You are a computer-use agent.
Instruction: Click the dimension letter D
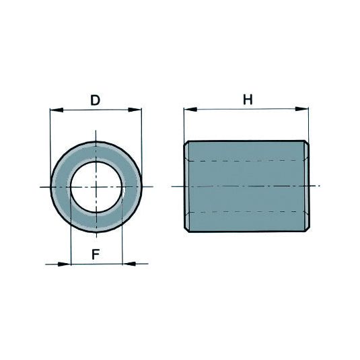[x=96, y=101]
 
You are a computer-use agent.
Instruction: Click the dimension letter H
[x=248, y=100]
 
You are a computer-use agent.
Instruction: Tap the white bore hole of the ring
[x=96, y=185]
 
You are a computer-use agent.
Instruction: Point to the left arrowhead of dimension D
[x=55, y=110]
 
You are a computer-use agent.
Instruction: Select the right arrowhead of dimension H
[x=303, y=108]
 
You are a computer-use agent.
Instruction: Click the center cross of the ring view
[x=96, y=186]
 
